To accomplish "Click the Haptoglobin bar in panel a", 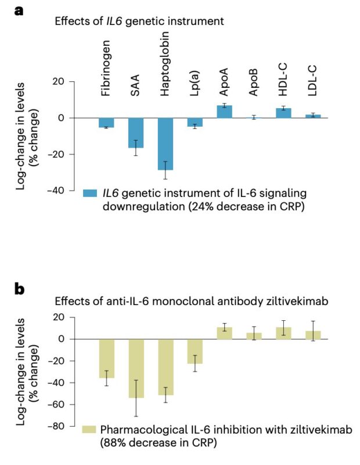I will (x=165, y=144).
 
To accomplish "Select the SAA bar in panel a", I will (x=136, y=133).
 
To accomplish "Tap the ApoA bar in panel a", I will (x=225, y=112).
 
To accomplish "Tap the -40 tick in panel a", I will (x=59, y=190).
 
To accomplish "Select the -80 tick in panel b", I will (x=59, y=426).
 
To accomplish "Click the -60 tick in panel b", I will (x=59, y=405).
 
